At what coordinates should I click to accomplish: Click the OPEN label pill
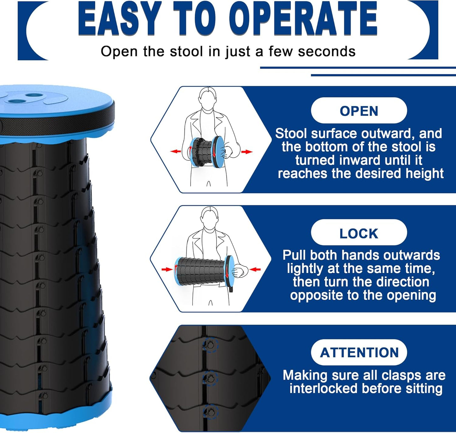click(x=359, y=111)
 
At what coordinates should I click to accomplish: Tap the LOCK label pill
click(x=359, y=233)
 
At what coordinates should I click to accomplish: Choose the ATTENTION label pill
click(x=359, y=352)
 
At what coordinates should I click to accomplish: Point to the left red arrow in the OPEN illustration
click(x=175, y=152)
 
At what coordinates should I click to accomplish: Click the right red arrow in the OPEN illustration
click(x=247, y=152)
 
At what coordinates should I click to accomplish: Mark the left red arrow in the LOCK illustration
click(x=167, y=269)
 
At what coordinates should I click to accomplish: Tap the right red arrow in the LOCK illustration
click(x=255, y=269)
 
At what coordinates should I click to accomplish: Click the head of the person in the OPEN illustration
click(x=208, y=99)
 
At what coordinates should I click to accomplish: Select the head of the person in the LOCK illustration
click(x=210, y=218)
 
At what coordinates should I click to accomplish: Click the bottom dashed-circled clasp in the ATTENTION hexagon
click(x=210, y=412)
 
